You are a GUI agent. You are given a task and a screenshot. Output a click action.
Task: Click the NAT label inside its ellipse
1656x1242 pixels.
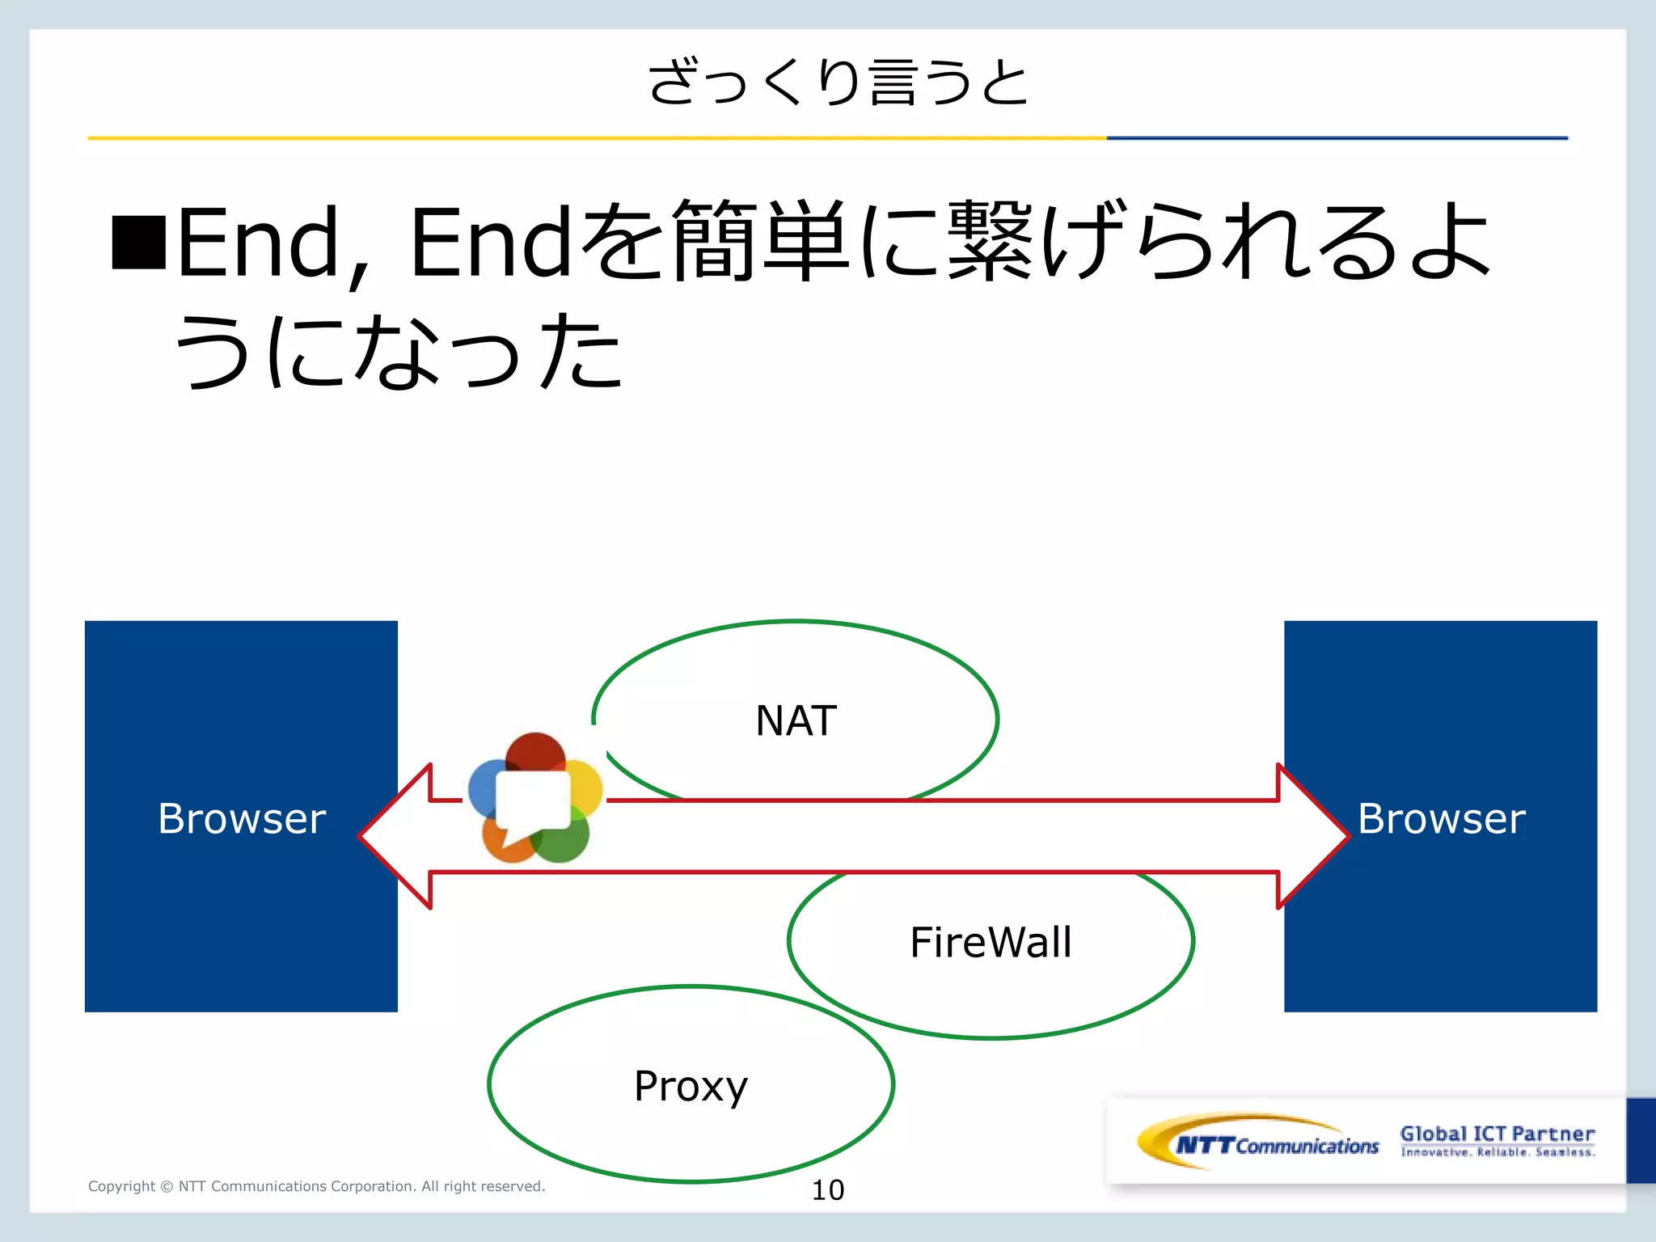coord(796,720)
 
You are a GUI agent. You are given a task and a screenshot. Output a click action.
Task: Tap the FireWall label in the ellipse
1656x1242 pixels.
coord(991,942)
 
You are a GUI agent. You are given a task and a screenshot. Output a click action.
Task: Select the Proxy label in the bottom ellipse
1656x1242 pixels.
coord(691,1086)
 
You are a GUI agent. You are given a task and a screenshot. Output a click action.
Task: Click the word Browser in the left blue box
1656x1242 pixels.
coord(242,818)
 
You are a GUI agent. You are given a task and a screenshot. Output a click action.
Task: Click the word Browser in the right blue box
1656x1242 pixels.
coord(1441,818)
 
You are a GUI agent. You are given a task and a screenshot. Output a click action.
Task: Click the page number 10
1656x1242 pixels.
coord(827,1189)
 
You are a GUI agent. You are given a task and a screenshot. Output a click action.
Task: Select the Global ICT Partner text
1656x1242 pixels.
coord(1497,1134)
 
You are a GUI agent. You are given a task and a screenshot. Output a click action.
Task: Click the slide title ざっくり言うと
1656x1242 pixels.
coord(838,82)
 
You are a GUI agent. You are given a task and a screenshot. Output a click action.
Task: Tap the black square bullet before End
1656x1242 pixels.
coord(139,242)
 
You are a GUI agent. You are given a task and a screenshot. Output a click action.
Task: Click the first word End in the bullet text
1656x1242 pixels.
coord(257,242)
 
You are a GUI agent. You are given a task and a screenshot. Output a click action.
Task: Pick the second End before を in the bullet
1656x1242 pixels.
coord(492,242)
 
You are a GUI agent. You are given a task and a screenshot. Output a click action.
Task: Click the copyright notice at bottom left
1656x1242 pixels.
coord(316,1186)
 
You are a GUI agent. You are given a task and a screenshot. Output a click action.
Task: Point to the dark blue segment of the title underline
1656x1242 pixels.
coord(1337,138)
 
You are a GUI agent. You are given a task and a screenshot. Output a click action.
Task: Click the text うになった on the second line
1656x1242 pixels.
coord(398,352)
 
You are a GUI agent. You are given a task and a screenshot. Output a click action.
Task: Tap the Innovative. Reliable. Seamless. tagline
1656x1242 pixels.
coord(1498,1152)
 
